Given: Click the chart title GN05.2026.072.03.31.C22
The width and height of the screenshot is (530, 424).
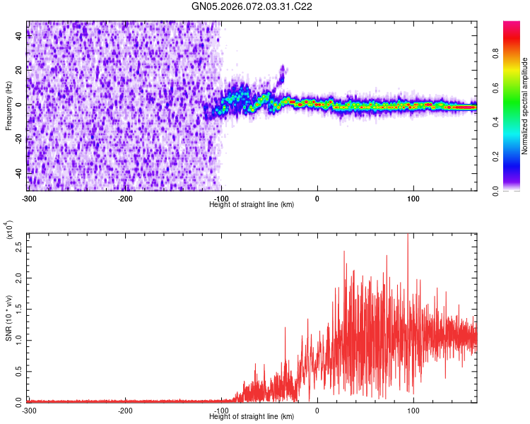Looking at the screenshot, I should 252,6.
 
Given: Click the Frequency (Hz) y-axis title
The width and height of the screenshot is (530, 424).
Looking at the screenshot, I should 8,105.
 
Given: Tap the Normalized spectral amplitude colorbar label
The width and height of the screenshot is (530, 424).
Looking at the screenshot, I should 525,107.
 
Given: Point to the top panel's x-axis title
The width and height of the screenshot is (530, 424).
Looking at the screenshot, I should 252,204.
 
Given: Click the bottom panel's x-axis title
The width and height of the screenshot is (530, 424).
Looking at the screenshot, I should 252,416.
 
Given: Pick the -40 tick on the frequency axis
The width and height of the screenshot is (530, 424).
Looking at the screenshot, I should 18,172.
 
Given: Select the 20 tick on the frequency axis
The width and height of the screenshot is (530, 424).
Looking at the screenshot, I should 19,71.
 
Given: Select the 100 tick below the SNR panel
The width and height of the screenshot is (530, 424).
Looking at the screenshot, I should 413,410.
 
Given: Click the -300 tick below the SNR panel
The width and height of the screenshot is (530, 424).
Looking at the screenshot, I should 28,410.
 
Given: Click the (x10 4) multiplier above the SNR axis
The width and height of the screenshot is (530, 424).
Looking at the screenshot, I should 10,229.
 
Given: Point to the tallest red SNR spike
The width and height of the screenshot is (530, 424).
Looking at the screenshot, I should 408,236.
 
